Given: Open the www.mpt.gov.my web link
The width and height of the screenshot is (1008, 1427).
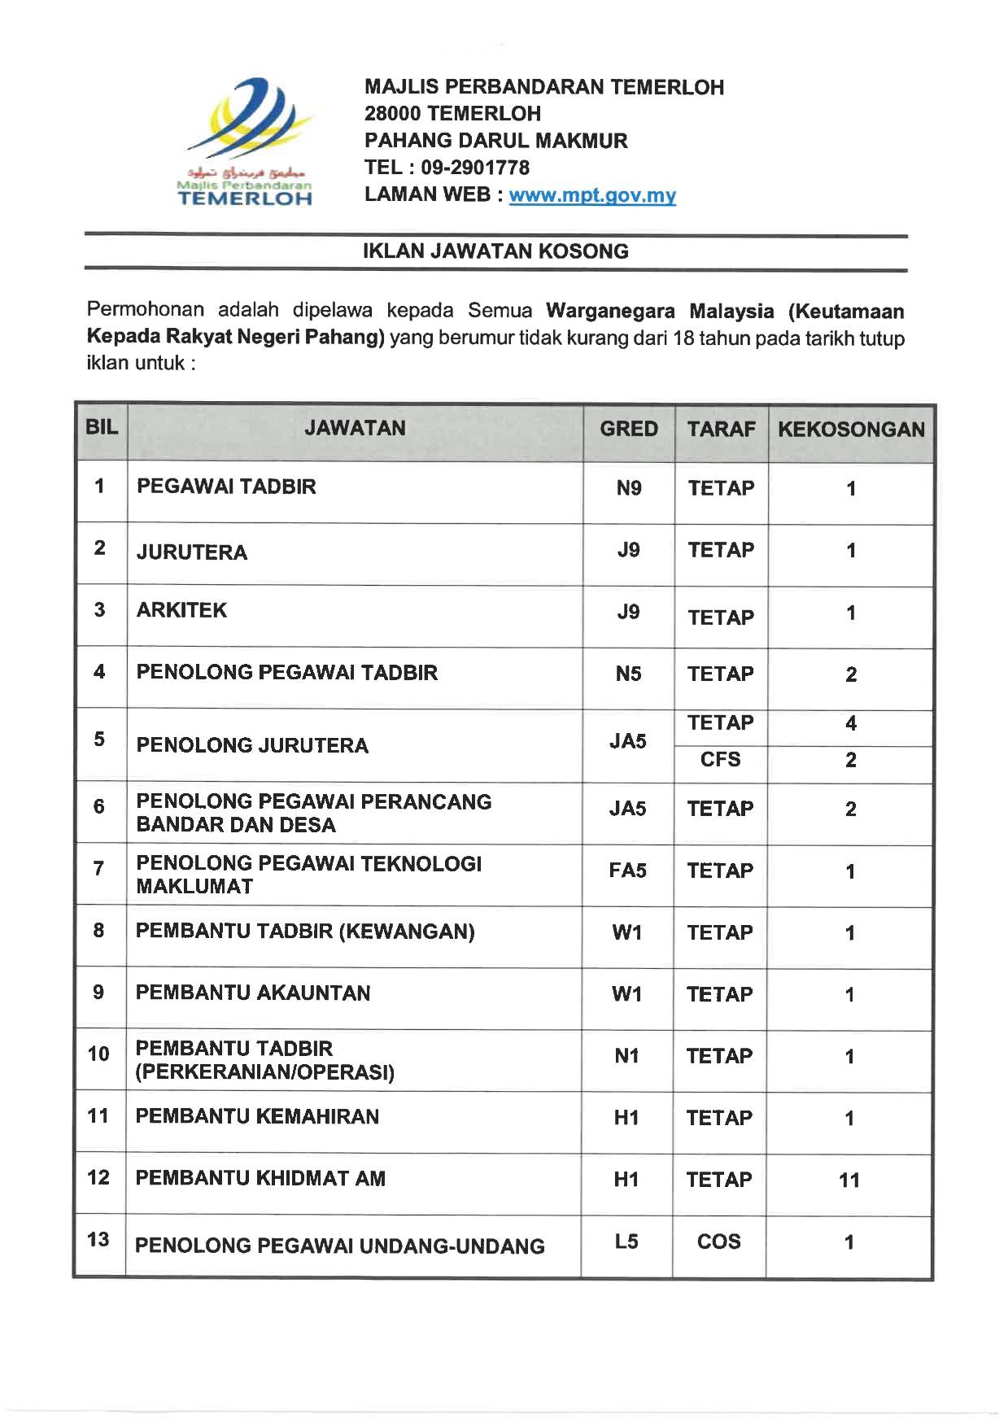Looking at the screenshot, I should (592, 195).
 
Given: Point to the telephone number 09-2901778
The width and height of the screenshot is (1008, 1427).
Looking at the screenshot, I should (475, 168).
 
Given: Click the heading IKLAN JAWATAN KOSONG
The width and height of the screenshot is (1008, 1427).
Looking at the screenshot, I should (495, 251).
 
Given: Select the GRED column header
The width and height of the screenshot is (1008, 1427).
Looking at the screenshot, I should (628, 429).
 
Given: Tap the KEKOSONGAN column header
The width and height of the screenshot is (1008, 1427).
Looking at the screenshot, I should (850, 430).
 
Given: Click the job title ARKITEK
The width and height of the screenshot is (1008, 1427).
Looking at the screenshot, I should (181, 610).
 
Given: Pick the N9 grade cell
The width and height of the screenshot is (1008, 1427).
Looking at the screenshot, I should (628, 488).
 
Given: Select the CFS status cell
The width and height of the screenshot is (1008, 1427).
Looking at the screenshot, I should (720, 760).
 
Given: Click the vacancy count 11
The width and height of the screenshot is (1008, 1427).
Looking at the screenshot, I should (849, 1180).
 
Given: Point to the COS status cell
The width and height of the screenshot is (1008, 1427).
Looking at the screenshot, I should (719, 1242).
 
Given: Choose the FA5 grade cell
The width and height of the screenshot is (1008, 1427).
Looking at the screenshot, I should (627, 871).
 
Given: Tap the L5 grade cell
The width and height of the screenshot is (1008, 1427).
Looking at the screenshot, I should (626, 1242).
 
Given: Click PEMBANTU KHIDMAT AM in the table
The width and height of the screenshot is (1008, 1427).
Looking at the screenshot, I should (260, 1178).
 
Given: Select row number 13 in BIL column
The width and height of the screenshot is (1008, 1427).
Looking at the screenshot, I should (98, 1239).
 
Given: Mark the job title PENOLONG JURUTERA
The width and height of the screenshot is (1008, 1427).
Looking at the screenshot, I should (252, 745).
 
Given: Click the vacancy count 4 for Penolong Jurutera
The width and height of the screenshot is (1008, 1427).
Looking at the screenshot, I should (850, 723).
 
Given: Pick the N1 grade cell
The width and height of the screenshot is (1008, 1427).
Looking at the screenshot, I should (626, 1056).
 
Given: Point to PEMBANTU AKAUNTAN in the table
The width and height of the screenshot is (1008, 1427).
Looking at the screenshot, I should (253, 993).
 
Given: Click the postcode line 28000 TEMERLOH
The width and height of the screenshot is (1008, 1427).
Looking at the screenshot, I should (452, 114).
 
